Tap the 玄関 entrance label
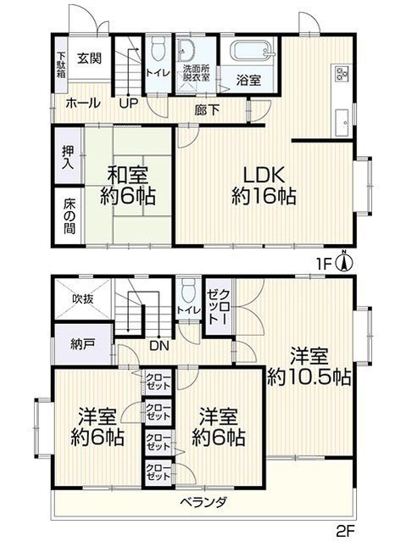pyautogui.click(x=89, y=59)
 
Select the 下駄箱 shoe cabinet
pyautogui.click(x=61, y=64)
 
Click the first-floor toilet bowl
pyautogui.click(x=159, y=49)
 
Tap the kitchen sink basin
pyautogui.click(x=342, y=120)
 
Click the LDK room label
pyautogui.click(x=264, y=175)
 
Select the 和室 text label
pyautogui.click(x=128, y=175)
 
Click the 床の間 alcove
pyautogui.click(x=69, y=215)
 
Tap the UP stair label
pyautogui.click(x=129, y=103)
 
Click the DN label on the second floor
pyautogui.click(x=159, y=346)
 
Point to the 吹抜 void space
pyautogui.click(x=83, y=298)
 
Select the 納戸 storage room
pyautogui.click(x=83, y=343)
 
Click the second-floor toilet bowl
pyautogui.click(x=188, y=292)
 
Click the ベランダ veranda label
pyautogui.click(x=203, y=502)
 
